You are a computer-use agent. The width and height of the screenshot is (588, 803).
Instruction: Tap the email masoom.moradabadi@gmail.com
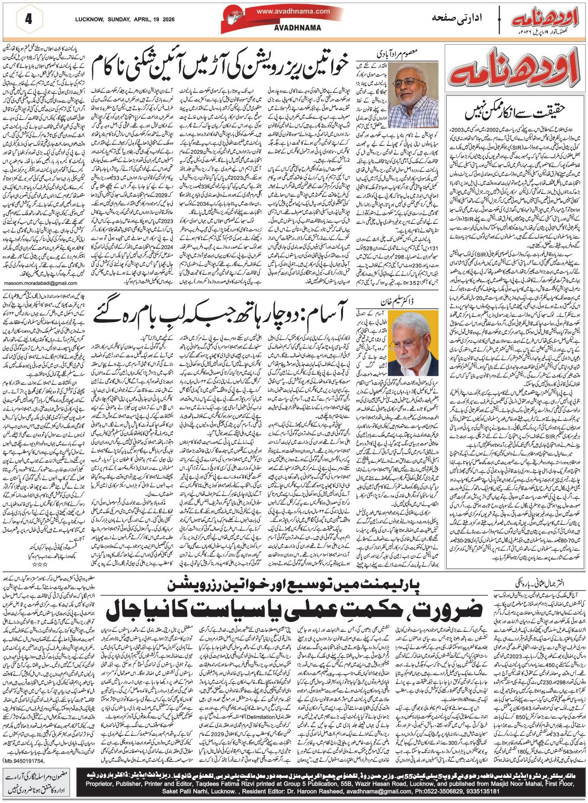tap(40, 283)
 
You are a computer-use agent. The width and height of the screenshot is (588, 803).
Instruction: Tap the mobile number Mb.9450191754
tap(24, 761)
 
